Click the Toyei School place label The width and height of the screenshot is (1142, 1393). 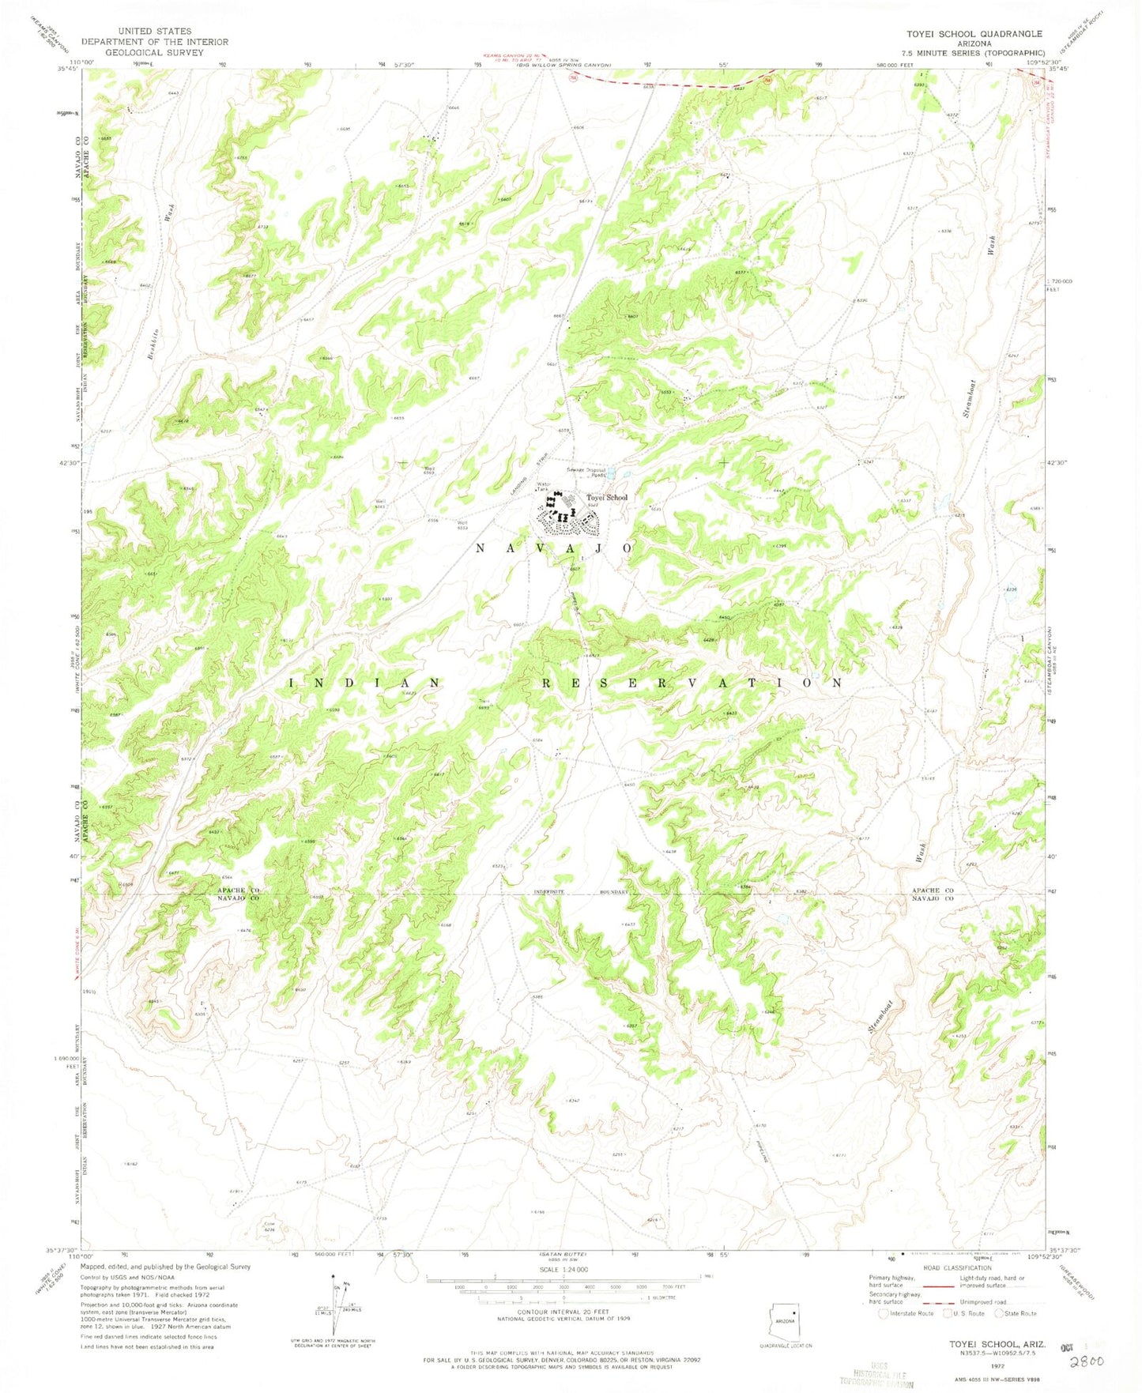[606, 497]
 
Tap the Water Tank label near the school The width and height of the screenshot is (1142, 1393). [543, 487]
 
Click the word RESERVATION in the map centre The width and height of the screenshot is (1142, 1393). [692, 682]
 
